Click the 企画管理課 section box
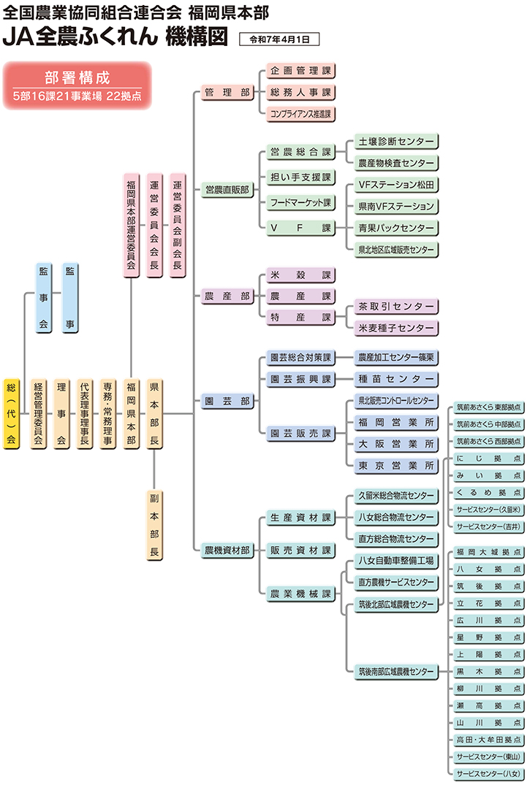tap(300, 72)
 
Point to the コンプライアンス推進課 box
tap(300, 114)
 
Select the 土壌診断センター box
tap(395, 141)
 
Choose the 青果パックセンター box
tap(395, 228)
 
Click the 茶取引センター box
tap(395, 307)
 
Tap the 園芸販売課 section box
tap(300, 434)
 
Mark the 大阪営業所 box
tap(395, 444)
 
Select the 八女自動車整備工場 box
tap(395, 561)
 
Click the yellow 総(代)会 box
tap(11, 413)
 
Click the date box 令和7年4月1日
tap(279, 39)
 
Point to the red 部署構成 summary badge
tap(77, 85)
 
